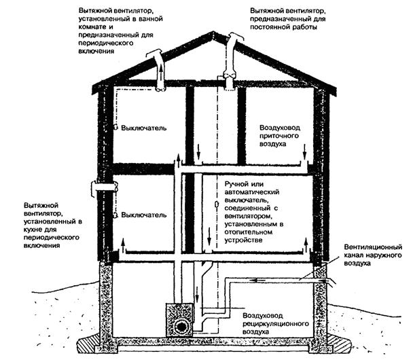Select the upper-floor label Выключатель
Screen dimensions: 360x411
tap(143, 128)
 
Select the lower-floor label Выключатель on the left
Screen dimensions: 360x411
tap(143, 215)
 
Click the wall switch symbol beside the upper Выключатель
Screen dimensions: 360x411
tap(116, 128)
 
